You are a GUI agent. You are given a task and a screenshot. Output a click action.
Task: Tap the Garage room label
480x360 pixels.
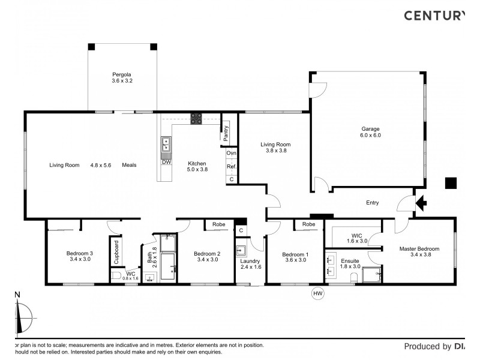370,129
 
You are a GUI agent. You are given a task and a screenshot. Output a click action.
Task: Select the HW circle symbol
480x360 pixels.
317,293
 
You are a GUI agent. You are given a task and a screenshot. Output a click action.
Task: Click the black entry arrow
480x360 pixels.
421,203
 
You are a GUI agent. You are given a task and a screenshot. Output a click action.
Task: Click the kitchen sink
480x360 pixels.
166,144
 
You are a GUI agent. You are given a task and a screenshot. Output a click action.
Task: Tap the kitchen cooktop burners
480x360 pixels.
196,118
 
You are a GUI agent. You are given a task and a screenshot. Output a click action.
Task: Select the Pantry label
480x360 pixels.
226,133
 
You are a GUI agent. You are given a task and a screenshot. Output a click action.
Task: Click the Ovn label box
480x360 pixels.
232,153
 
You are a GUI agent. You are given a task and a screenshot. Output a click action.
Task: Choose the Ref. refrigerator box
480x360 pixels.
232,167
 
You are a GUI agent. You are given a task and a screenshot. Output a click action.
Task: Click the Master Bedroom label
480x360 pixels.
419,249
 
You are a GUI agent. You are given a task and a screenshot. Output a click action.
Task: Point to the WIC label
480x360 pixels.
357,236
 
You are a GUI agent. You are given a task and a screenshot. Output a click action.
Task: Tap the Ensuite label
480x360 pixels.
350,261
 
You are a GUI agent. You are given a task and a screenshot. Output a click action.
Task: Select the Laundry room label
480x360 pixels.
250,261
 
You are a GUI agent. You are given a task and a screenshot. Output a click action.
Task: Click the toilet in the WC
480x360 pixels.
117,276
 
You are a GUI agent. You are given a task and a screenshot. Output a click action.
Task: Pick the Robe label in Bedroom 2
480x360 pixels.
219,224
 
